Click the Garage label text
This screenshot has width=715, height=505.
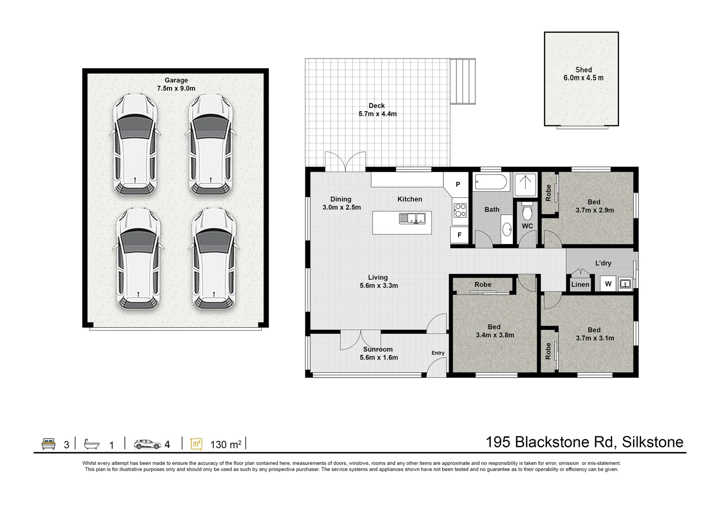[x=176, y=80]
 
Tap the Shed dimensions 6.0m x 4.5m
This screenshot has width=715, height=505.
[x=583, y=78]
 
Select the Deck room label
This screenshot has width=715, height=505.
[x=376, y=106]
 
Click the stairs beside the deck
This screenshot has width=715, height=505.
[x=462, y=81]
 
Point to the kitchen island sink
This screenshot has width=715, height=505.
[x=412, y=218]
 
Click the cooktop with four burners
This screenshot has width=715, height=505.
[x=460, y=210]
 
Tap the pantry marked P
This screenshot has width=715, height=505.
[x=458, y=184]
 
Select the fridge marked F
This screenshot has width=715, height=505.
[x=459, y=235]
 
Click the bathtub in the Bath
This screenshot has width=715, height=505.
[x=490, y=182]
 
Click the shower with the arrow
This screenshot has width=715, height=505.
[x=526, y=184]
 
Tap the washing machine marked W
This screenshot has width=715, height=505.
[x=608, y=284]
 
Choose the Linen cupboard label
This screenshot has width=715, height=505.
[x=580, y=284]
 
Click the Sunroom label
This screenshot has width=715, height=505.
[x=378, y=349]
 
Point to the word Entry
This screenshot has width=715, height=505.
[x=438, y=353]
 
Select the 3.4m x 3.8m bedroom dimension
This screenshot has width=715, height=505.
[x=495, y=335]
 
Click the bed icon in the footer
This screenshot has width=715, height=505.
[x=48, y=444]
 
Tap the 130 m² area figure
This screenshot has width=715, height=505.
[x=225, y=444]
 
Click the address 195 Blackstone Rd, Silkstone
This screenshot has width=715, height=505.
[x=584, y=442]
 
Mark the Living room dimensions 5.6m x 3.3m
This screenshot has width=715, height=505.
[x=378, y=285]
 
